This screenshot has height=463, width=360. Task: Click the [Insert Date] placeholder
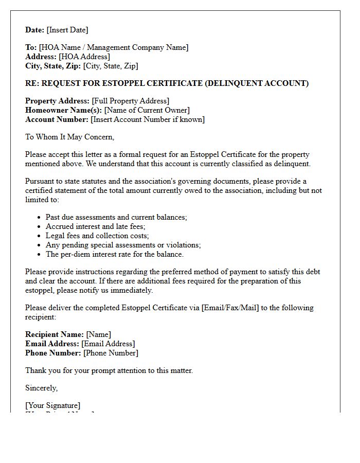click(67, 30)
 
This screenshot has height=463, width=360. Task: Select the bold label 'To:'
click(31, 47)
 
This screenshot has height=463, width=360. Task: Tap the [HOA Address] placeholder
click(84, 57)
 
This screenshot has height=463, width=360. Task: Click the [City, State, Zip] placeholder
click(111, 66)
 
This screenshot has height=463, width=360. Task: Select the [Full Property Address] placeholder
click(131, 101)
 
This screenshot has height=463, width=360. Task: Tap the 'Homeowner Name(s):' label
click(64, 110)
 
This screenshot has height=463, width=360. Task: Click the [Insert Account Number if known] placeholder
click(148, 119)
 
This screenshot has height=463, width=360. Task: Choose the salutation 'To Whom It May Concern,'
click(70, 137)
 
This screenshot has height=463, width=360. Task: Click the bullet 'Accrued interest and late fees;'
click(96, 226)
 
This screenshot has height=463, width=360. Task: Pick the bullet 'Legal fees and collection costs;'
click(97, 236)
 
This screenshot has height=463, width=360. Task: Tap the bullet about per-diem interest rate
click(115, 254)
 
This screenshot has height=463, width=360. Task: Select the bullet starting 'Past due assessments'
click(116, 217)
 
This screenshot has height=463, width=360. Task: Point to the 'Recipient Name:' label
click(55, 334)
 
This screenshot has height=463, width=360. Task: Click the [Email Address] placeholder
click(108, 344)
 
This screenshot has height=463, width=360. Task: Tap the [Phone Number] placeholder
click(111, 353)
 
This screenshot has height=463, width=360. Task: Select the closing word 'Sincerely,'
click(42, 388)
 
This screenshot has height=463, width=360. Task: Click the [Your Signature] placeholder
click(53, 405)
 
